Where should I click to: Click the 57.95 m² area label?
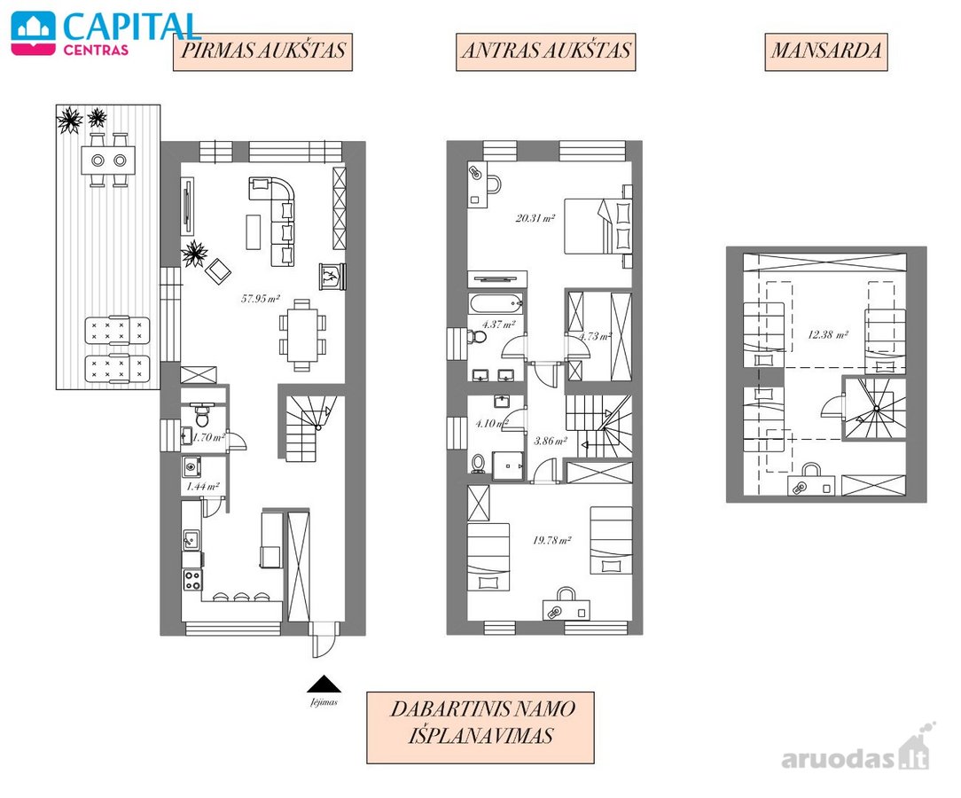point(261,299)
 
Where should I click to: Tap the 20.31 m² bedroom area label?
point(535,217)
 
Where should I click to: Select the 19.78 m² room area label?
point(551,540)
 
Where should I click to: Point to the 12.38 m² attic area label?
point(827,334)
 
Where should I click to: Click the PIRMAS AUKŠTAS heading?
point(263,51)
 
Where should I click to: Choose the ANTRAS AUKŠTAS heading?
point(545,51)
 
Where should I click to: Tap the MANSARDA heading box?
point(826,51)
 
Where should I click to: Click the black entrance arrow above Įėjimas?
point(324,684)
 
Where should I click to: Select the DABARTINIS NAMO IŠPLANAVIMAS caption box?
point(480,728)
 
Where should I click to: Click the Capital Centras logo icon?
point(33,34)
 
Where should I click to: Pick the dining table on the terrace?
point(108,160)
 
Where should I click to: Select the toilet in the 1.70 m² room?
point(201,414)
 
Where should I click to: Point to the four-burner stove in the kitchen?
point(192,580)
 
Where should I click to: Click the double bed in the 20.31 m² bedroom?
point(598,226)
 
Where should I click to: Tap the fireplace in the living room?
point(332,277)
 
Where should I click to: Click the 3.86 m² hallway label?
point(550,441)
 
